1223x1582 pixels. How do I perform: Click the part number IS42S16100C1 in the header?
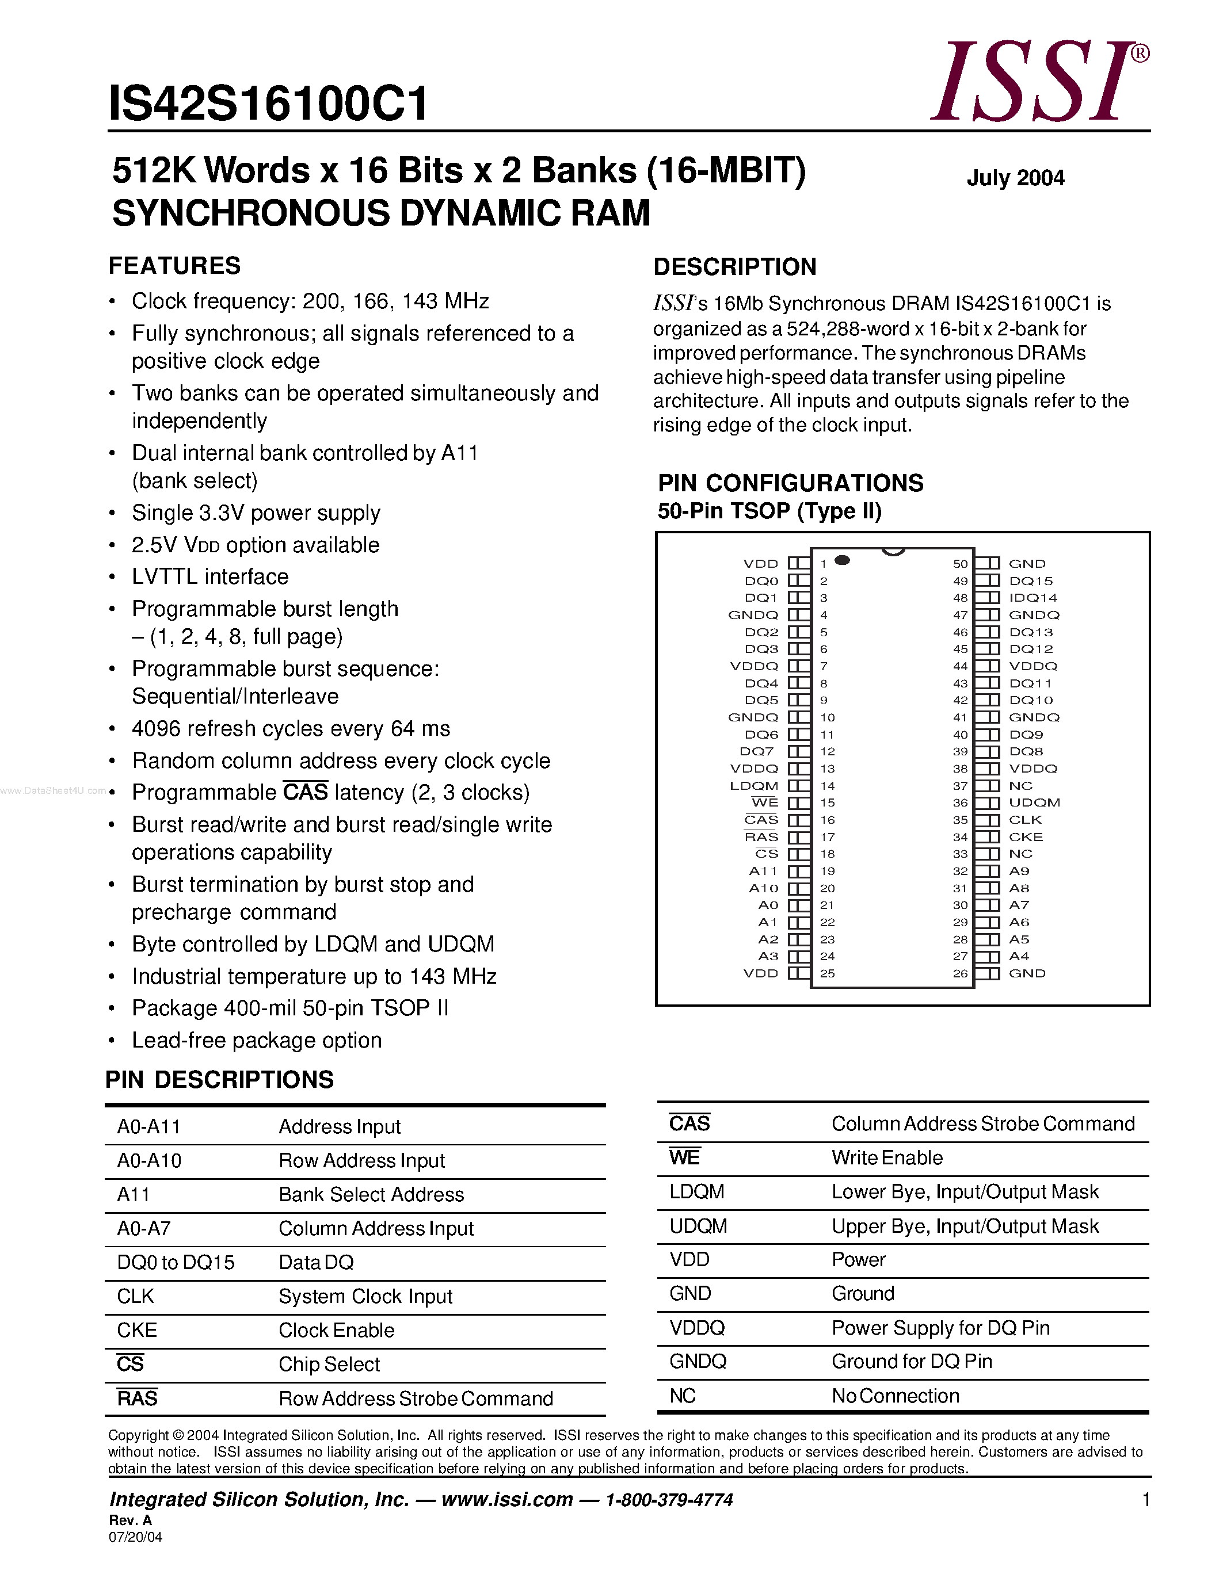point(268,104)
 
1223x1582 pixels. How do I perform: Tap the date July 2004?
point(1015,178)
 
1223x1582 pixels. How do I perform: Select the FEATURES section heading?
point(174,266)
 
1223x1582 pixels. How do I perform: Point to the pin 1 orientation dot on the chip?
point(842,560)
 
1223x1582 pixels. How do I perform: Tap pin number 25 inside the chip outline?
point(828,973)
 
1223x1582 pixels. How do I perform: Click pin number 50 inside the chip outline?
point(960,564)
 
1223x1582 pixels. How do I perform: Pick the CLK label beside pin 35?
point(1025,820)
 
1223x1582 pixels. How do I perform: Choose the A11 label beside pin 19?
point(763,872)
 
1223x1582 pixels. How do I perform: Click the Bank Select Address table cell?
point(371,1194)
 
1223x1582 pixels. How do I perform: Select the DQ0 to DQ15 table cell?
point(176,1263)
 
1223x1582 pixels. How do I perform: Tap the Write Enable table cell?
point(887,1157)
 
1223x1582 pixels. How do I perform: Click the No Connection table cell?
point(895,1396)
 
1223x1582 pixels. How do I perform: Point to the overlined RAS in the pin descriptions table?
point(137,1398)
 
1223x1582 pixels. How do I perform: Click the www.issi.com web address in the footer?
point(506,1499)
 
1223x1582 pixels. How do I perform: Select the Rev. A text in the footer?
point(131,1520)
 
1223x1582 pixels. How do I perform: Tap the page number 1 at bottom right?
point(1145,1499)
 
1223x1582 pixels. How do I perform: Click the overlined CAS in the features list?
point(305,793)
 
